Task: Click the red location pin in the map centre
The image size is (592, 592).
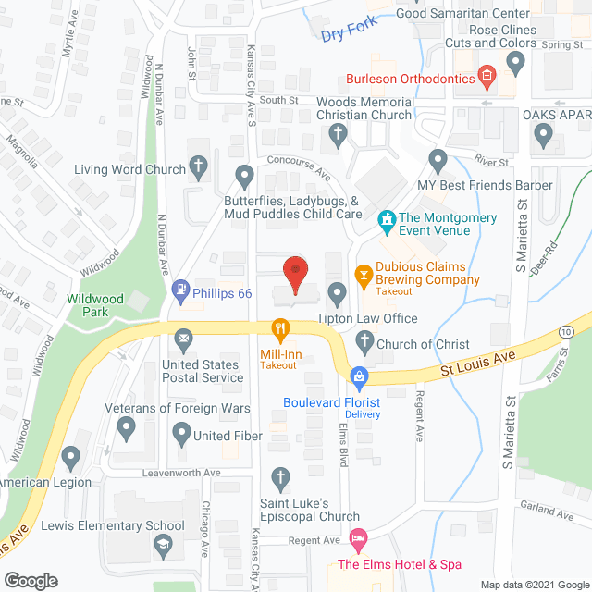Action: (x=295, y=273)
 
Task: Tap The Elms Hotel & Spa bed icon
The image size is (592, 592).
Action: (x=358, y=537)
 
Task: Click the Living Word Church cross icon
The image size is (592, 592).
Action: (x=197, y=167)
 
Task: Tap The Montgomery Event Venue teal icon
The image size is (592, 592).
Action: (x=387, y=222)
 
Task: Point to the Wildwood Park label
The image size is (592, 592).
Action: (x=90, y=306)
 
